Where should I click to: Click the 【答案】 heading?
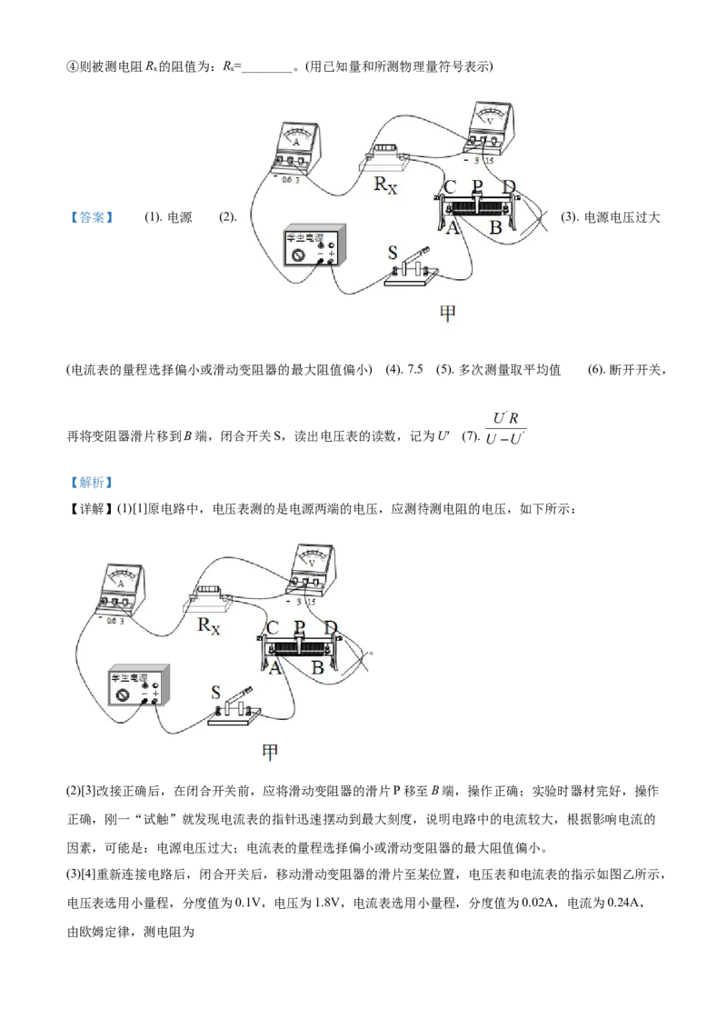point(91,217)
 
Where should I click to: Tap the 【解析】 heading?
point(91,483)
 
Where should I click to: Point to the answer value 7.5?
point(415,369)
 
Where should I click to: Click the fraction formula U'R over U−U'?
point(505,428)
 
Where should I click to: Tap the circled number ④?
point(73,66)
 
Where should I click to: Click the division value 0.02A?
point(539,903)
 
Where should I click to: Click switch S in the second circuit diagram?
point(235,709)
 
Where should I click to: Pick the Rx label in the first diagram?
point(385,185)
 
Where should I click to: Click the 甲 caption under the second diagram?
point(270,752)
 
